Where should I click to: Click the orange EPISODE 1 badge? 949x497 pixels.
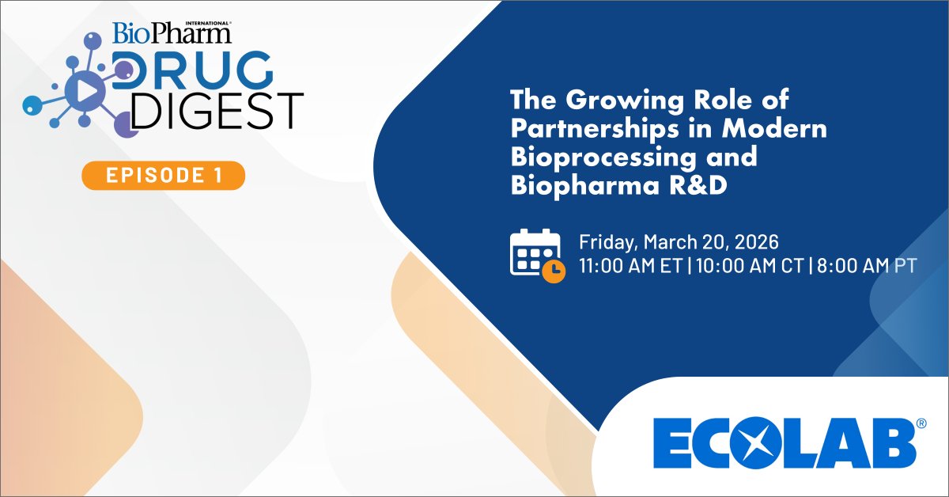point(163,176)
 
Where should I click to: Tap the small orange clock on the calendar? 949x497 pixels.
point(554,271)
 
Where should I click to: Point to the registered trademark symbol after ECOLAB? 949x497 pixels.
point(921,424)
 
